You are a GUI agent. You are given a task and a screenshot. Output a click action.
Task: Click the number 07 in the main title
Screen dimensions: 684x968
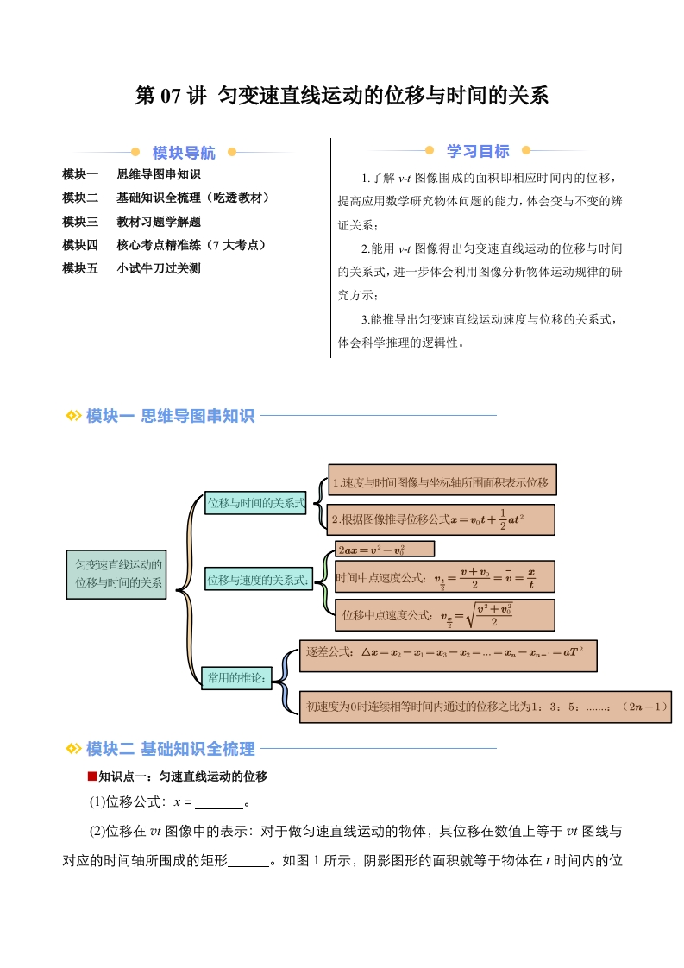[171, 97]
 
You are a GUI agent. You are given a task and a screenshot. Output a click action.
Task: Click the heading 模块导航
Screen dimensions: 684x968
[184, 153]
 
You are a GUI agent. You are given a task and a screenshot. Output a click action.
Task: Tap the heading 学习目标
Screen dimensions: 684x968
[478, 151]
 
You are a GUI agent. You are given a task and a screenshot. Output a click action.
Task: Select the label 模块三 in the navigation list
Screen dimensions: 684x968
[80, 222]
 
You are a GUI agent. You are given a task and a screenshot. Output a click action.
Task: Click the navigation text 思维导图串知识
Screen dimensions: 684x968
[159, 174]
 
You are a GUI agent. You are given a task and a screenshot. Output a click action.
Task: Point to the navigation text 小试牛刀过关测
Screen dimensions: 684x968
[159, 268]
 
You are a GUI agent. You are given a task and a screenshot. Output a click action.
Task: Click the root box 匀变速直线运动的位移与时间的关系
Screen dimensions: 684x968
[116, 574]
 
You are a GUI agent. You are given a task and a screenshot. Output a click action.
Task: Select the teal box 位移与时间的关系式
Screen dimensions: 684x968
[255, 503]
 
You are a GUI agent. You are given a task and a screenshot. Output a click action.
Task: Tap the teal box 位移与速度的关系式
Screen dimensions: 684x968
[257, 580]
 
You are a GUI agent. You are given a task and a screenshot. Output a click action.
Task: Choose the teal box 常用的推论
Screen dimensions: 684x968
[236, 678]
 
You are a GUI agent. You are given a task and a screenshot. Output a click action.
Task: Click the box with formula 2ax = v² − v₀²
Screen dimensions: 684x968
[385, 550]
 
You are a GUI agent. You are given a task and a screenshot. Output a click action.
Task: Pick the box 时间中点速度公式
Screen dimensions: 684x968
[444, 578]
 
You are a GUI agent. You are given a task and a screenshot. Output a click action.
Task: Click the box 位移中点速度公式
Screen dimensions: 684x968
[444, 615]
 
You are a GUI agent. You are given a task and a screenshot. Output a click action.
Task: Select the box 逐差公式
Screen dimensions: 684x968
[449, 656]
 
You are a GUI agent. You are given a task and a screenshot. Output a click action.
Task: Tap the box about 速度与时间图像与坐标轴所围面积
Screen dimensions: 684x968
[442, 480]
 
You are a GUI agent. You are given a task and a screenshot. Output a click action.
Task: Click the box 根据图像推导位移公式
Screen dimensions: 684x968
[441, 519]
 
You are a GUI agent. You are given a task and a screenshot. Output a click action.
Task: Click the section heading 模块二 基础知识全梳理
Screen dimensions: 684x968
[170, 749]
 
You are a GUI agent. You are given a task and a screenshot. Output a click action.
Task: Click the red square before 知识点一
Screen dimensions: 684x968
[92, 776]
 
